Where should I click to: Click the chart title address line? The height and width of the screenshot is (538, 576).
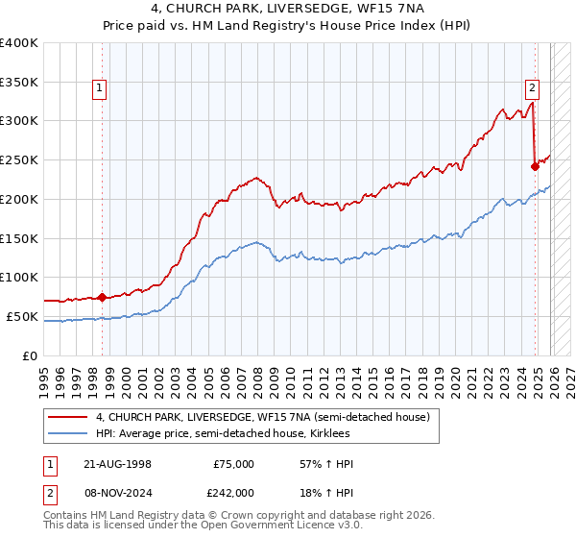coord(287,9)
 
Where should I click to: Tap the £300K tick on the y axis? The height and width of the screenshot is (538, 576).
coord(19,121)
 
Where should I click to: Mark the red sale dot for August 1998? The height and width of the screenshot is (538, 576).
coord(104,297)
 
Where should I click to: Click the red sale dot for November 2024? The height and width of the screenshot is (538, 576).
coord(535,166)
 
